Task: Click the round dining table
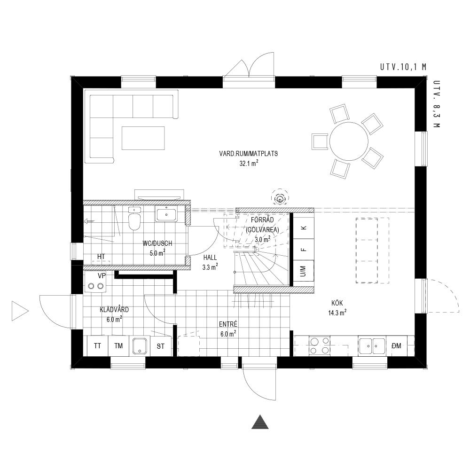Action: click(x=349, y=141)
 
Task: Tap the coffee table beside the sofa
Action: click(x=143, y=138)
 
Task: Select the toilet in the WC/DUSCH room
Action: click(x=134, y=219)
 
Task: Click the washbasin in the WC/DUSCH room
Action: click(x=166, y=214)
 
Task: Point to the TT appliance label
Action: click(x=97, y=346)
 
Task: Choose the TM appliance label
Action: click(x=118, y=346)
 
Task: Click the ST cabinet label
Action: click(x=161, y=346)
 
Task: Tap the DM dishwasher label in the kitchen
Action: click(x=397, y=346)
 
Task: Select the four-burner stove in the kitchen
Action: click(x=320, y=345)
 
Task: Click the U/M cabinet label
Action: click(x=303, y=271)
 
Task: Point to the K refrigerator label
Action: click(x=304, y=228)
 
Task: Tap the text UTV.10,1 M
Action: click(x=403, y=67)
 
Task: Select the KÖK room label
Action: click(x=337, y=303)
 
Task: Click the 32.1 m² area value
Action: click(x=249, y=164)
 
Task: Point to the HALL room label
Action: click(x=210, y=258)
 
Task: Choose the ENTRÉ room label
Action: click(x=228, y=324)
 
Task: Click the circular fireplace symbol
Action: click(x=280, y=198)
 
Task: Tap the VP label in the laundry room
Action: click(x=102, y=275)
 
